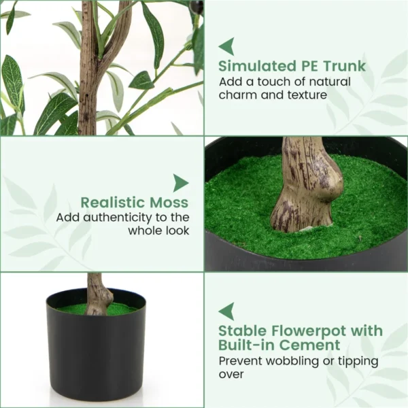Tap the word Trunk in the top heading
point(343,66)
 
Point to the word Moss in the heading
point(171,202)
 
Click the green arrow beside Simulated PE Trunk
point(226,46)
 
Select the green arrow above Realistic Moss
point(180,183)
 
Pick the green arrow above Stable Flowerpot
point(226,311)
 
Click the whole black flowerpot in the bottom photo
point(96,347)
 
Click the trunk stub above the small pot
point(98,294)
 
